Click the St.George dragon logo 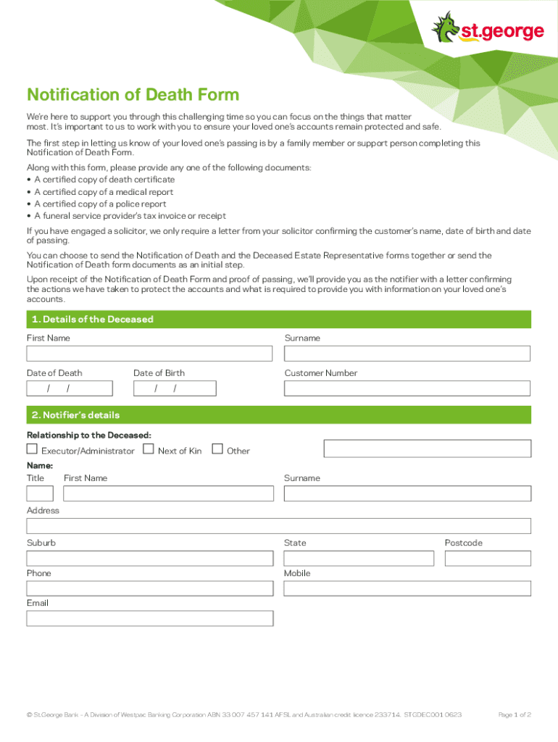click(x=446, y=27)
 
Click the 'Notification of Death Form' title click(x=133, y=95)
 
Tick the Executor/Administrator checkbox click(x=32, y=449)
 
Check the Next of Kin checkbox click(x=149, y=449)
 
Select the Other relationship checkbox click(x=217, y=449)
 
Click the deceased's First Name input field click(x=149, y=354)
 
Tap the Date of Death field click(x=70, y=388)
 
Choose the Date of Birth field click(x=175, y=388)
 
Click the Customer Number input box click(x=407, y=388)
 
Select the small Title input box click(x=40, y=493)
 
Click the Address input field click(x=278, y=526)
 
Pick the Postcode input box click(x=488, y=559)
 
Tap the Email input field click(x=149, y=618)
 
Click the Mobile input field click(x=407, y=588)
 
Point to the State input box click(x=359, y=559)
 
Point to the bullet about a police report click(x=101, y=204)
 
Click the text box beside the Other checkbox click(x=427, y=449)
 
